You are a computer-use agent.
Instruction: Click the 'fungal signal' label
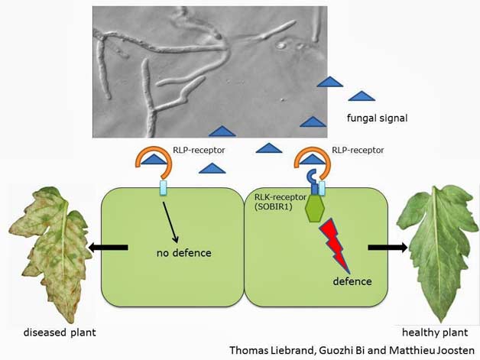pos(376,118)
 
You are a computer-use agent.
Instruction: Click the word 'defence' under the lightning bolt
pos(352,281)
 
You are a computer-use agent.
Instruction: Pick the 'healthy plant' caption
pos(433,333)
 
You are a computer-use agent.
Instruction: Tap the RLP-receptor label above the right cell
pos(358,151)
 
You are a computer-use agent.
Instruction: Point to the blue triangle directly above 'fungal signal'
pos(362,96)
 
